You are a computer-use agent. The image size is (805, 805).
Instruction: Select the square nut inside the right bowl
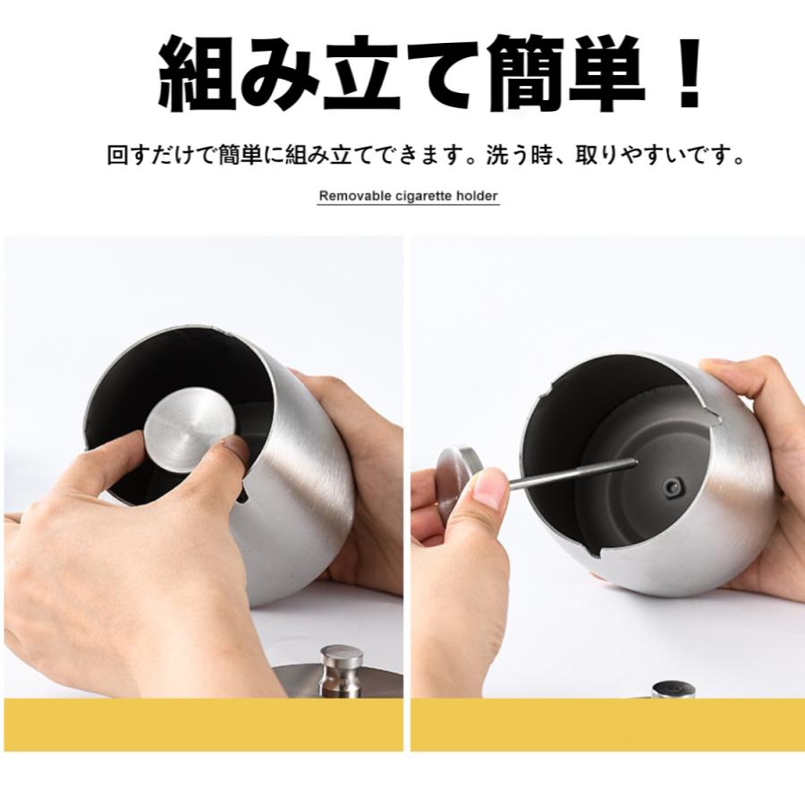point(672,487)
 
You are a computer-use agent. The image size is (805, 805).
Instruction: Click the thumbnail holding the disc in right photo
point(488,488)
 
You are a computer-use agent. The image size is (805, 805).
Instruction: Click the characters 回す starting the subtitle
point(129,157)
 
